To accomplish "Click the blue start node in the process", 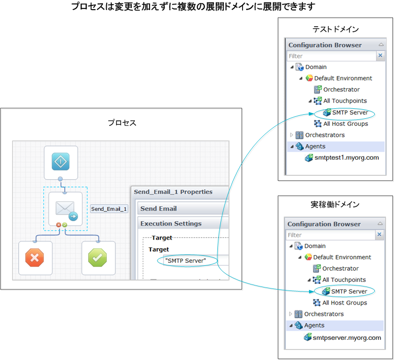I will pyautogui.click(x=61, y=163).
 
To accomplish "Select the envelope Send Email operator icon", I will pyautogui.click(x=65, y=209).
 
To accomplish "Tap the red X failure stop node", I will pyautogui.click(x=35, y=258).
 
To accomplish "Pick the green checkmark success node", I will pyautogui.click(x=98, y=258).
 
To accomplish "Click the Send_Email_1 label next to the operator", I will pyautogui.click(x=109, y=209).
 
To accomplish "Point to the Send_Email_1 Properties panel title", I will pyautogui.click(x=173, y=192).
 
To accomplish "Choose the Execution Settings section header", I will pyautogui.click(x=171, y=224).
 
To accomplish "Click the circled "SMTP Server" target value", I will pyautogui.click(x=185, y=260).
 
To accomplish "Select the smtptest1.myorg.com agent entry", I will pyautogui.click(x=346, y=158).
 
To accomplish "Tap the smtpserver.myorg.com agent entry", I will pyautogui.click(x=347, y=338).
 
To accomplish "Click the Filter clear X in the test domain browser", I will pyautogui.click(x=380, y=56).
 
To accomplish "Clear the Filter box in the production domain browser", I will pyautogui.click(x=380, y=235).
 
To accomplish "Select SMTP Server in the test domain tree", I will pyautogui.click(x=350, y=112).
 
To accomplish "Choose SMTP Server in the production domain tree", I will pyautogui.click(x=349, y=292).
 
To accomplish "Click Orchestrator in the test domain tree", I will pyautogui.click(x=341, y=90).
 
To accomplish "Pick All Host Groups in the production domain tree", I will pyautogui.click(x=345, y=303).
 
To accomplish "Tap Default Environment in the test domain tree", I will pyautogui.click(x=343, y=78).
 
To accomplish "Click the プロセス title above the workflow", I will pyautogui.click(x=122, y=123).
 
